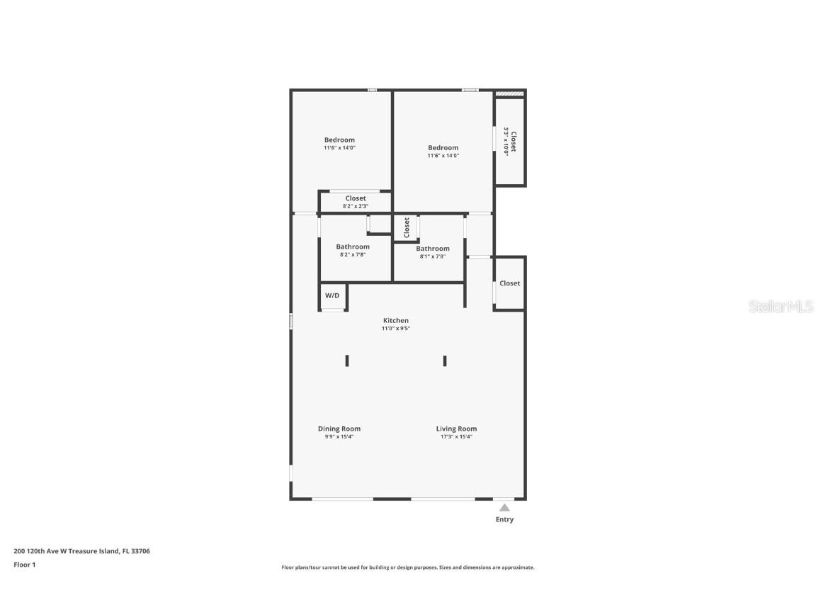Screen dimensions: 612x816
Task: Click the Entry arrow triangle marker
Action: pyautogui.click(x=504, y=507)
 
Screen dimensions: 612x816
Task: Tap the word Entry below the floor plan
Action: pyautogui.click(x=504, y=520)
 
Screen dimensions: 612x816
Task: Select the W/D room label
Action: pyautogui.click(x=332, y=295)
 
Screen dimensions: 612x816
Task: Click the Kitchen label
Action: pyautogui.click(x=396, y=321)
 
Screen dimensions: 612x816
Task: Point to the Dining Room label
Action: pyautogui.click(x=339, y=429)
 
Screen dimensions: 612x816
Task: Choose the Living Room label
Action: pyautogui.click(x=456, y=429)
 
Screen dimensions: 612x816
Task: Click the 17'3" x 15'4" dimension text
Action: pyautogui.click(x=456, y=437)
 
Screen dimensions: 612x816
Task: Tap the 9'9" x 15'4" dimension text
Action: pyautogui.click(x=339, y=437)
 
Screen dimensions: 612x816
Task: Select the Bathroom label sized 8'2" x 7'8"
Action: pyautogui.click(x=353, y=247)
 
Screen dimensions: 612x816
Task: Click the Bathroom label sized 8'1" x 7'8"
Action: pyautogui.click(x=433, y=249)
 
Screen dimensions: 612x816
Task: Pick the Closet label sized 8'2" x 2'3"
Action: pyautogui.click(x=356, y=198)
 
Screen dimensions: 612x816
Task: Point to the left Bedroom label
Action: pyautogui.click(x=339, y=140)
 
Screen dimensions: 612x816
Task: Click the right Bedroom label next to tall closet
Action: pyautogui.click(x=443, y=148)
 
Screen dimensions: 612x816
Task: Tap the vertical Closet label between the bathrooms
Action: pyautogui.click(x=407, y=227)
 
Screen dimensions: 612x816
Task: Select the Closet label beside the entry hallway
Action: pyautogui.click(x=510, y=283)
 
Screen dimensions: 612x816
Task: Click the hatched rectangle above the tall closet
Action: pyautogui.click(x=509, y=93)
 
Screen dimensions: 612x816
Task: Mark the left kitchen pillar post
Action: pyautogui.click(x=347, y=361)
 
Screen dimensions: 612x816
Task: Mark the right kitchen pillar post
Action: pyautogui.click(x=445, y=361)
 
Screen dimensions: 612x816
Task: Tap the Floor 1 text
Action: pyautogui.click(x=25, y=565)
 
